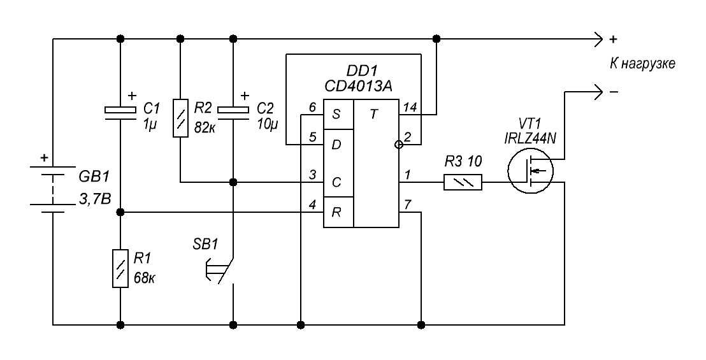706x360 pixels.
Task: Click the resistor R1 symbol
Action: (x=120, y=268)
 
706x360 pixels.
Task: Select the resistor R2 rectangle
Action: (x=180, y=118)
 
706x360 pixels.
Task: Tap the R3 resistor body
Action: (x=463, y=182)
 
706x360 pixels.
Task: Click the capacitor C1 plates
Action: (x=120, y=113)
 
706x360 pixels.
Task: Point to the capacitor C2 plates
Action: (x=233, y=113)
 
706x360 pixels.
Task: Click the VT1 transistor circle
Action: (x=530, y=171)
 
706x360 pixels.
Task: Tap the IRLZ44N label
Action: (x=529, y=139)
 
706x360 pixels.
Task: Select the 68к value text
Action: (x=144, y=277)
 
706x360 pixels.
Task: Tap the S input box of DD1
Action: (x=338, y=114)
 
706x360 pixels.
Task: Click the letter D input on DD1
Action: (x=336, y=145)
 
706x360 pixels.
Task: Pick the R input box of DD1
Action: (x=338, y=212)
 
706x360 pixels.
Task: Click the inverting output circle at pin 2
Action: (x=398, y=145)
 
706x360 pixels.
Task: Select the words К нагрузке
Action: (x=642, y=64)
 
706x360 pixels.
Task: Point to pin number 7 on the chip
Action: (x=407, y=205)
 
